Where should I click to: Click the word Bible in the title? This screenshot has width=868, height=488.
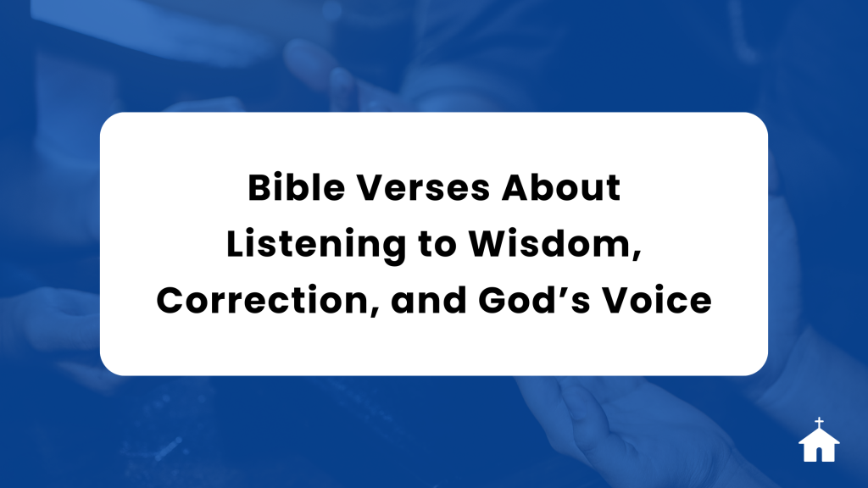click(296, 187)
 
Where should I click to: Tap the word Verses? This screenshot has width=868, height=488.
click(423, 187)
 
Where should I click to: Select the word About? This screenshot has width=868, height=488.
click(561, 187)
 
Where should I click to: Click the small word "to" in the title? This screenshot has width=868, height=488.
click(437, 245)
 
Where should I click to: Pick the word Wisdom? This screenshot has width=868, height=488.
click(551, 243)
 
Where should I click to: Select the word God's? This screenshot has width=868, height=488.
click(534, 301)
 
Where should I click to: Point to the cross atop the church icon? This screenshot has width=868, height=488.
click(820, 423)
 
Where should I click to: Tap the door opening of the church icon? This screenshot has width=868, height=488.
click(820, 455)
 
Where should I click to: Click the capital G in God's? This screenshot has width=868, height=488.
click(492, 301)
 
